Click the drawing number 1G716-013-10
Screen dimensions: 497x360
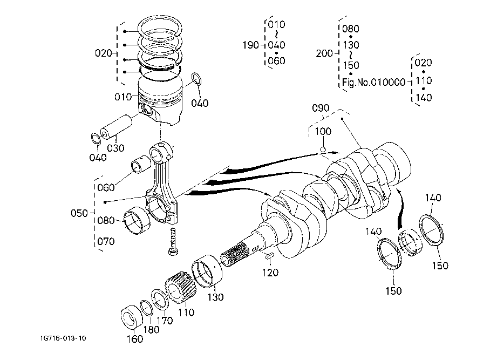pos(63,338)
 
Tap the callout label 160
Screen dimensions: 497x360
pos(135,339)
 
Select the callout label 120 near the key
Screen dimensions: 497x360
pos(270,273)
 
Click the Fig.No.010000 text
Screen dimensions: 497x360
pos(374,83)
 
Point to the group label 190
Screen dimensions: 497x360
pos(251,45)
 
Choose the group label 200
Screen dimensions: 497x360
pos(324,53)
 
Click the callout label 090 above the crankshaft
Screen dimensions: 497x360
pos(321,108)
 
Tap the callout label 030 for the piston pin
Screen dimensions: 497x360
pos(115,148)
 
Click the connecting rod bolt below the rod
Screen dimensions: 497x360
pos(173,241)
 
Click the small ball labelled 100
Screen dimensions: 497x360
pos(323,149)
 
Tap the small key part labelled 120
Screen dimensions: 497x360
pos(269,256)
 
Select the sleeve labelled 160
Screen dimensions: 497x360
pos(132,317)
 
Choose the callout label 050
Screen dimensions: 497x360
pos(79,213)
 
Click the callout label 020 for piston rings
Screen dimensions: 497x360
pos(103,53)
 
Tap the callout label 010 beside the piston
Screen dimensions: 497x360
pos(123,97)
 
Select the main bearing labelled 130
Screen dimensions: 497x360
pos(207,271)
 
